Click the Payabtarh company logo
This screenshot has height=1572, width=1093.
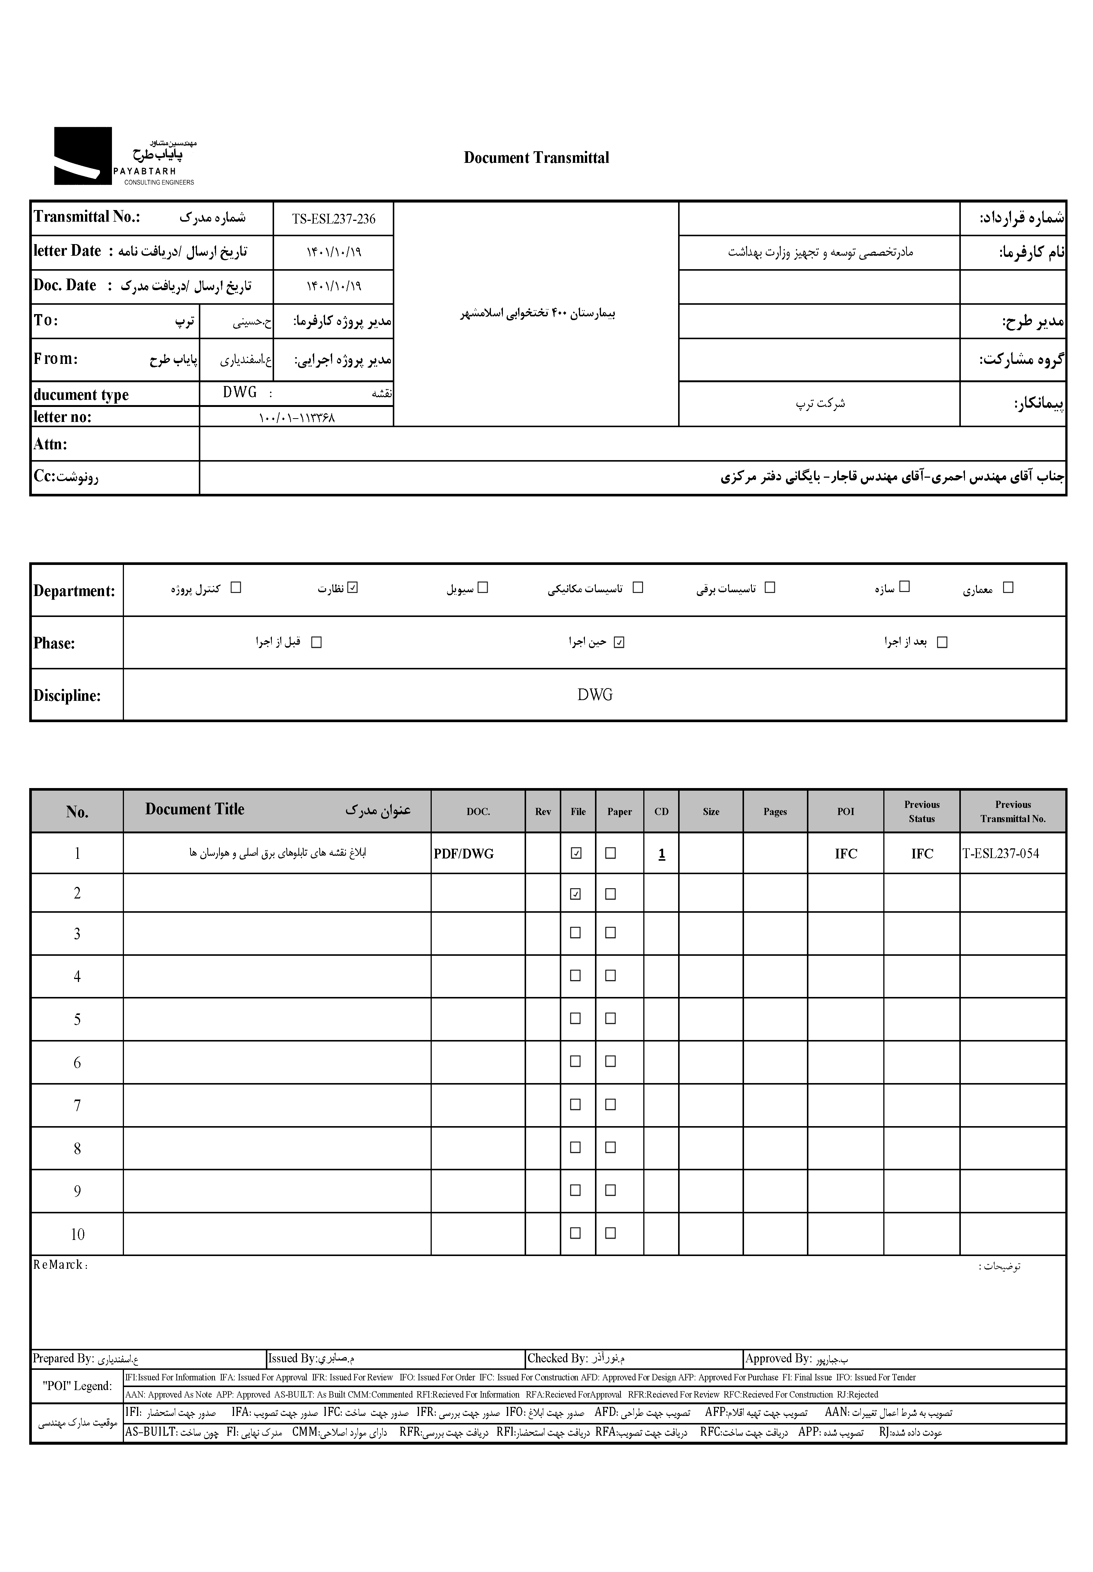pyautogui.click(x=123, y=156)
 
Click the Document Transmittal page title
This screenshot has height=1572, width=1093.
pyautogui.click(x=536, y=158)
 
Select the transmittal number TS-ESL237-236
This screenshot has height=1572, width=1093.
pyautogui.click(x=334, y=219)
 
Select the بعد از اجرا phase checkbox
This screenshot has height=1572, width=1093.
pyautogui.click(x=942, y=642)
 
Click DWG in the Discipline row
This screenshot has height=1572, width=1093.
pyautogui.click(x=595, y=695)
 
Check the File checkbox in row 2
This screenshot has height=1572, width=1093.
pyautogui.click(x=576, y=894)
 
